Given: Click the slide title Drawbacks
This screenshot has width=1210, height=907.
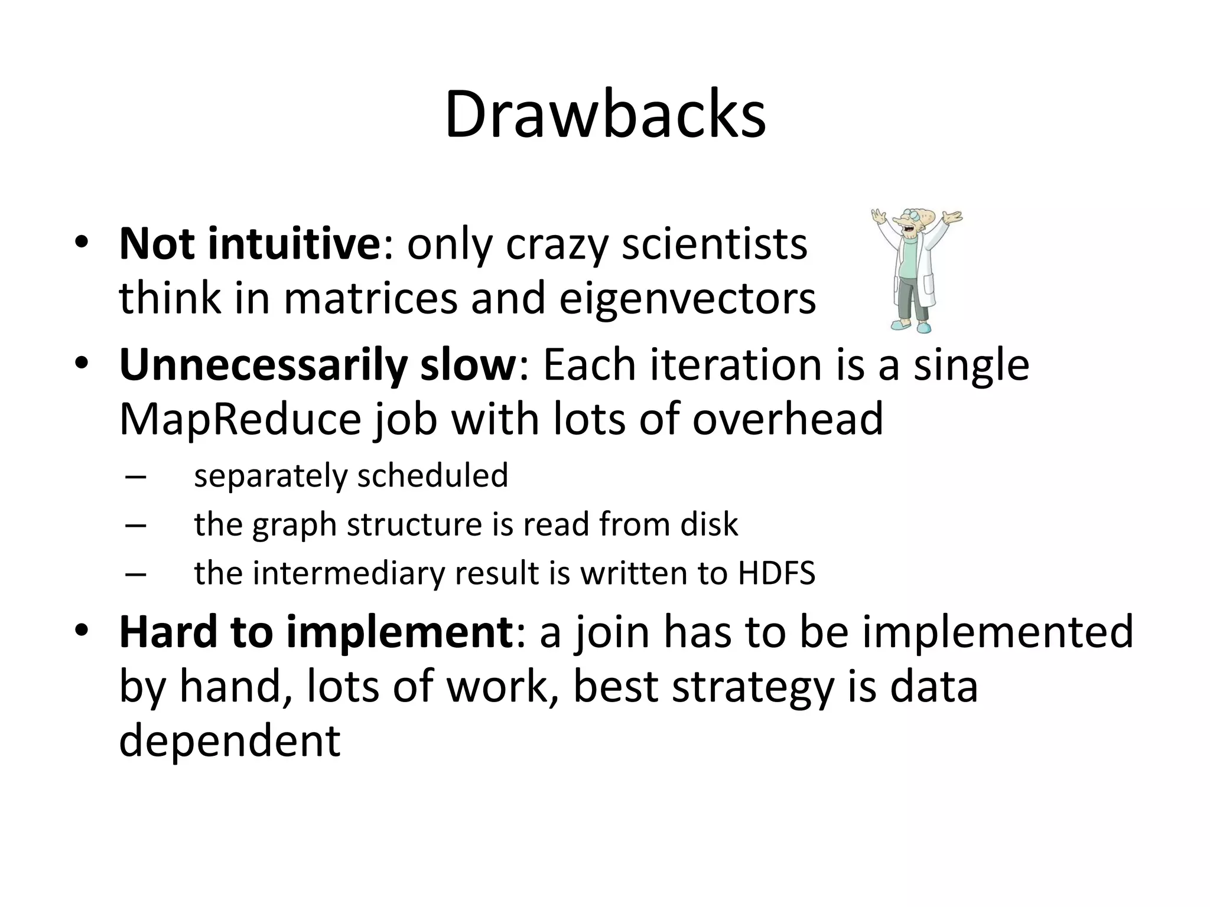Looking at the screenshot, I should point(605,115).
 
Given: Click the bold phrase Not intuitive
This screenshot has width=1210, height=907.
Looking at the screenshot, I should point(251,244).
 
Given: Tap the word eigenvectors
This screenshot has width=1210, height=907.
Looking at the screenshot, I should point(687,298).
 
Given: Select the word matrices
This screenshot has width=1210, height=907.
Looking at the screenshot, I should point(370,298).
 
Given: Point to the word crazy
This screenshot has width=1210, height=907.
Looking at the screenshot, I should point(557,245).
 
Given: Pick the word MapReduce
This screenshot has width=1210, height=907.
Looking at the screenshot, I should point(240,419).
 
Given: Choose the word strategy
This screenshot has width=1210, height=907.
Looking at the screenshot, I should point(753,687).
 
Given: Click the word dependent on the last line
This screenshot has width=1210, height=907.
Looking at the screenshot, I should point(230,740).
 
